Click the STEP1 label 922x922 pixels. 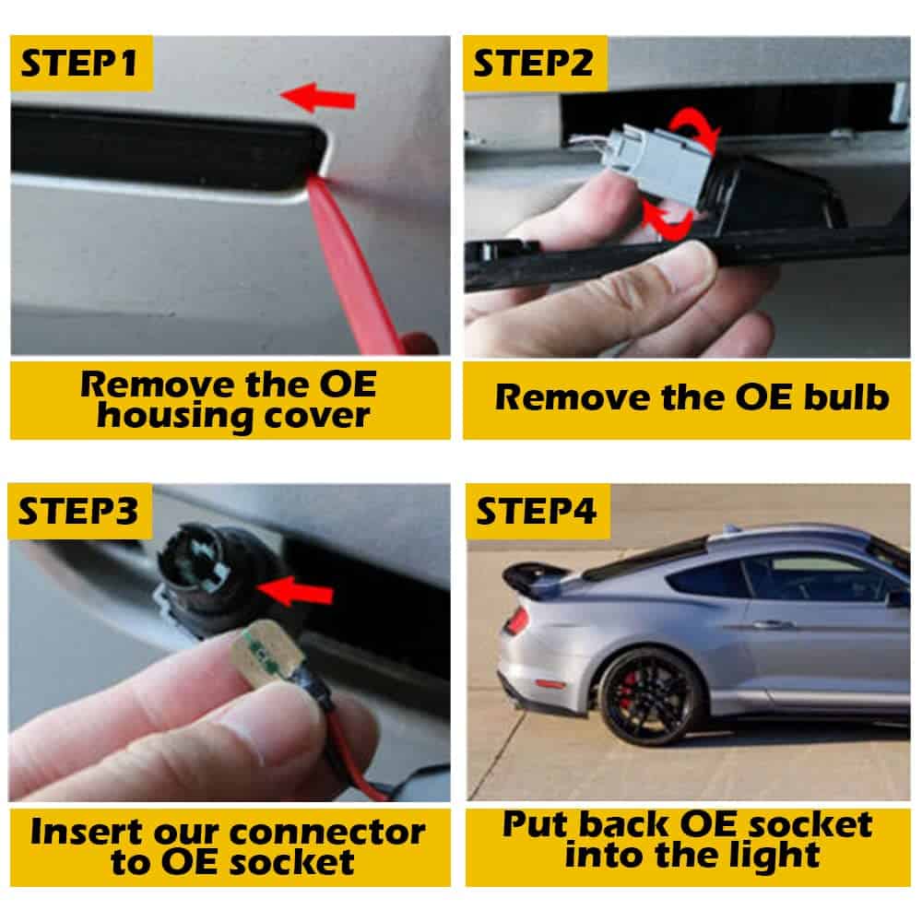click(78, 64)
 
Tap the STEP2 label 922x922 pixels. click(533, 64)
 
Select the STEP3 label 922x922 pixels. click(78, 512)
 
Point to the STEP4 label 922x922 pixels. click(537, 511)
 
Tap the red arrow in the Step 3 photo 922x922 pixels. click(295, 592)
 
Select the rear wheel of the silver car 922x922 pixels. click(652, 696)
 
